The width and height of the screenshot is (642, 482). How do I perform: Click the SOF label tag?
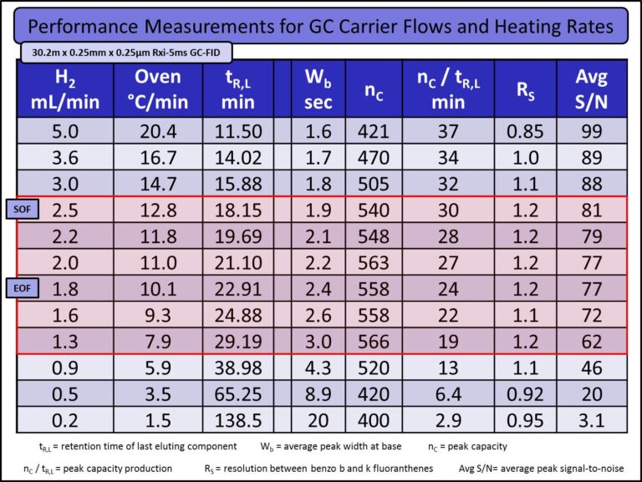[x=21, y=208]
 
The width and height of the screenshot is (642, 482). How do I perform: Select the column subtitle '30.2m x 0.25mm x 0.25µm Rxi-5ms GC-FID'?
[x=125, y=52]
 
